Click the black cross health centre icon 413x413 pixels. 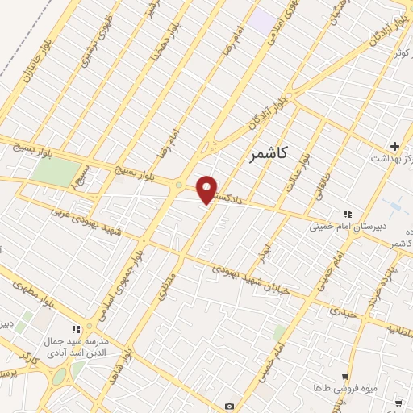394,147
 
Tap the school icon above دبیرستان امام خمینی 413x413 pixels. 348,214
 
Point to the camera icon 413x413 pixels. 230,406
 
